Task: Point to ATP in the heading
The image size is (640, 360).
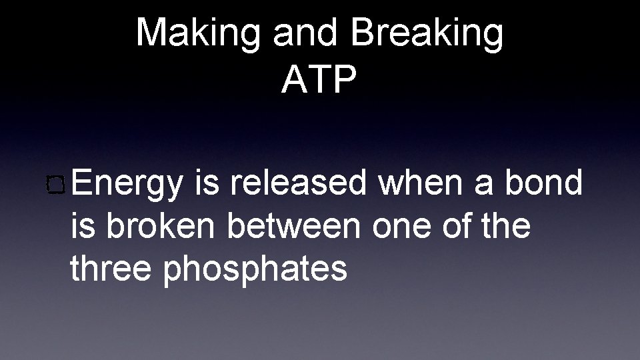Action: (319, 80)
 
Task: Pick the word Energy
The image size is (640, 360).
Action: (127, 183)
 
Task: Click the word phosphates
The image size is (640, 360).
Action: (254, 269)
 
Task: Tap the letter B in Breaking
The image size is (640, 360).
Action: (365, 33)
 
